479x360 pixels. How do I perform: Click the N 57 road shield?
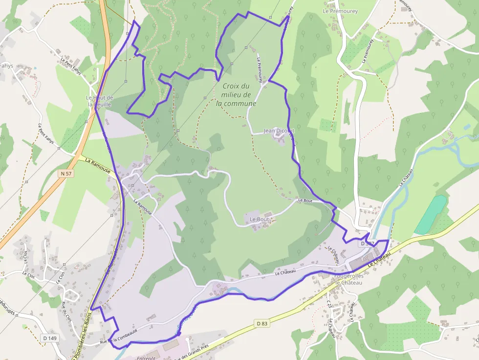point(66,173)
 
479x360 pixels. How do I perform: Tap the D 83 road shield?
point(262,323)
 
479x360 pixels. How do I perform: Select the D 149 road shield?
point(49,338)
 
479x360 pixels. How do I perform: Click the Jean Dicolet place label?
point(279,131)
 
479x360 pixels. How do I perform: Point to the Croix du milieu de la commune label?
point(236,95)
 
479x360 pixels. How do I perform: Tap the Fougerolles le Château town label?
point(348,279)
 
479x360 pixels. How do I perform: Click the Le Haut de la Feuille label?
point(99,101)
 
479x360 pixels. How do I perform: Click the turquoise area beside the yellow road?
point(430,214)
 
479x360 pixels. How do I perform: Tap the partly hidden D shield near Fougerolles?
point(367,243)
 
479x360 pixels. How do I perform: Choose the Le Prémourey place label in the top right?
point(340,11)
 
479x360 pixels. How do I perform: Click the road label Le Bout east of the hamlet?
point(305,200)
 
